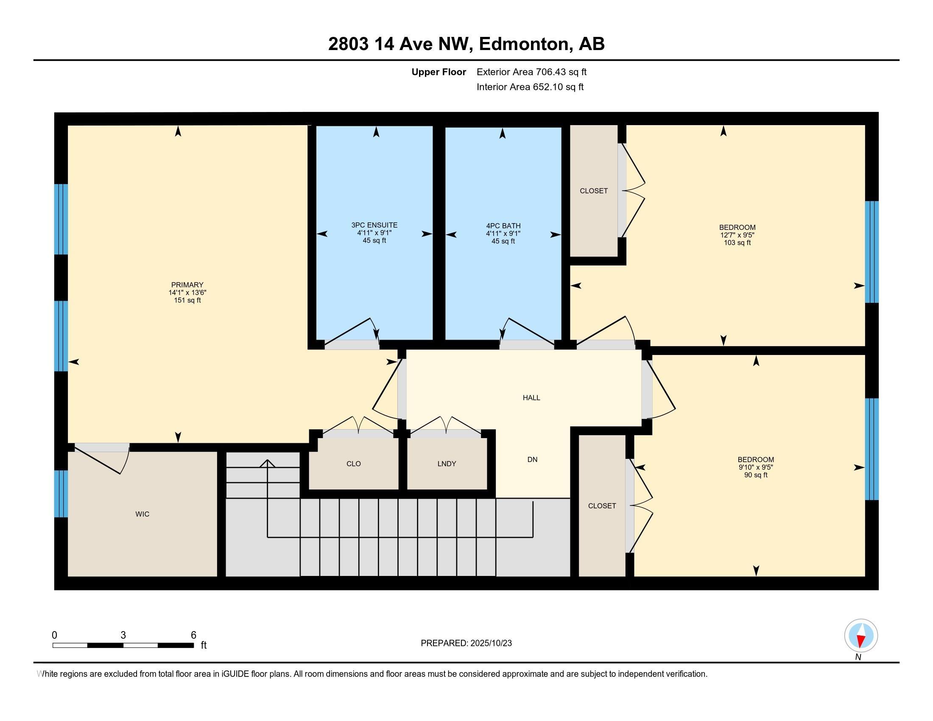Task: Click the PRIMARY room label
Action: (187, 285)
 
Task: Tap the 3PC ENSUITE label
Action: (374, 225)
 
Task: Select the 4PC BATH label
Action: (503, 226)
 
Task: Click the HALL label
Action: (531, 398)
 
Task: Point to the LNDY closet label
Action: (447, 464)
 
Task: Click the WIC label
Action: (142, 514)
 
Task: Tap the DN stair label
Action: (532, 460)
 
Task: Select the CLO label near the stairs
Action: (354, 464)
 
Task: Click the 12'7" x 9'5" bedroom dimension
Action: (737, 235)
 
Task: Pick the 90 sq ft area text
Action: (756, 475)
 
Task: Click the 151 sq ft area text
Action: (187, 300)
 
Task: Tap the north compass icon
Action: (861, 636)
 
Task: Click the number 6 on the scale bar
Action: (193, 635)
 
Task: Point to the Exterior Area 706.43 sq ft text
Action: (531, 72)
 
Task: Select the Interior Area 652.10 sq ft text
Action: (530, 87)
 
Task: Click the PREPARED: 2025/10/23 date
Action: (466, 643)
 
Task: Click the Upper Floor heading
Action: (439, 72)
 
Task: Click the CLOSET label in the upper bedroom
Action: (593, 191)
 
